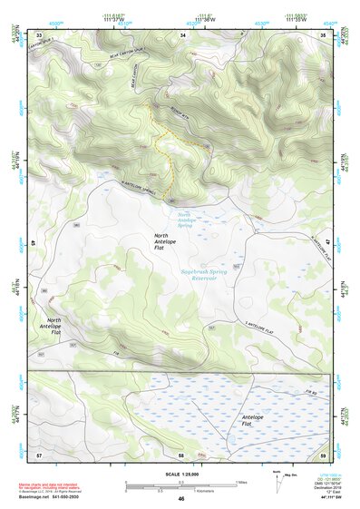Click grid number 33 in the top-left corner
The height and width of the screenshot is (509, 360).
click(39, 34)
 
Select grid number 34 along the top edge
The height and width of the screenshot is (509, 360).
click(182, 34)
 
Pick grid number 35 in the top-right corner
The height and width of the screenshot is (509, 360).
click(324, 34)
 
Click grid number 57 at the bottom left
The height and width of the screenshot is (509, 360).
click(39, 453)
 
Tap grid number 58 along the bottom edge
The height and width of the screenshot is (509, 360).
click(181, 453)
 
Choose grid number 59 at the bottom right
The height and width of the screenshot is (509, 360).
click(324, 453)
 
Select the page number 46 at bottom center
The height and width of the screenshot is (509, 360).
click(181, 500)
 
